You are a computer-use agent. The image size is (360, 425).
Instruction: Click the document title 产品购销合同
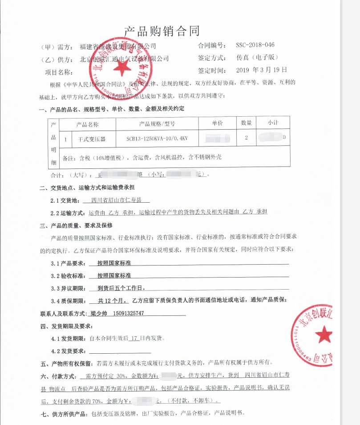coord(162,31)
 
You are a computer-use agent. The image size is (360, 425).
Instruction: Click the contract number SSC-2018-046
coord(255,46)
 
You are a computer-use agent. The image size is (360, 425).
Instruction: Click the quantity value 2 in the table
coord(246,138)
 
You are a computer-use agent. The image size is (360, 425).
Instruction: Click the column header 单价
coord(217,123)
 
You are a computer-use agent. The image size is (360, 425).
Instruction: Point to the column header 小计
coord(273,123)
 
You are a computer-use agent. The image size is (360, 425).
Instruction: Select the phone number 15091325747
coord(129,314)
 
